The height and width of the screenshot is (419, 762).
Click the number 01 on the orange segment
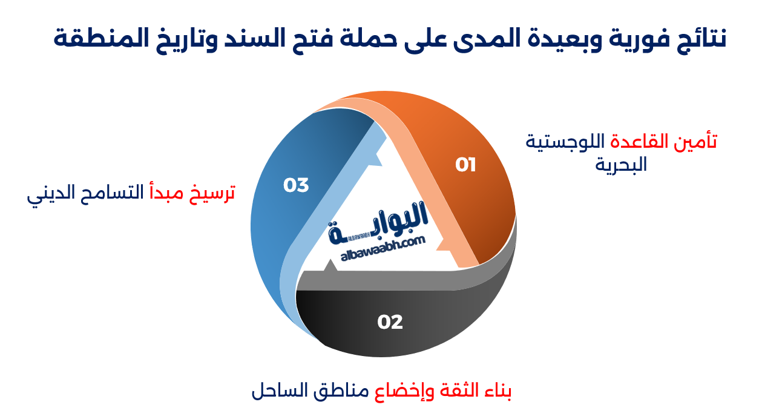pos(466,165)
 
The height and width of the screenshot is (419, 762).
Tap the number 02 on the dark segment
pos(390,322)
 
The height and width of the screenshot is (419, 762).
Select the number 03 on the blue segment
pos(296,185)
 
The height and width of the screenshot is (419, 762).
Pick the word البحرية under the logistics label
pos(621,165)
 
